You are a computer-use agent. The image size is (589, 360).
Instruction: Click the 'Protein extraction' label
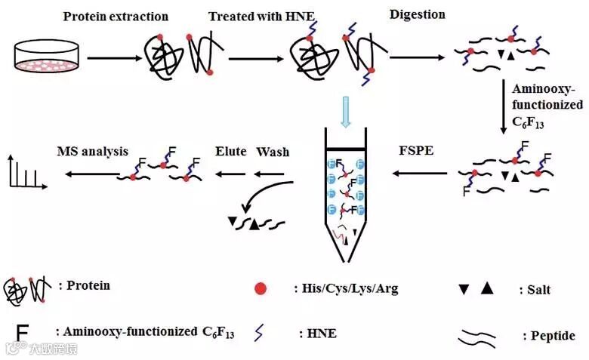116,16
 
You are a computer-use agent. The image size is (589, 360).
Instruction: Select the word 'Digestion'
418,14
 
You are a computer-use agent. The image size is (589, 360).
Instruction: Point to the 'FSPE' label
417,151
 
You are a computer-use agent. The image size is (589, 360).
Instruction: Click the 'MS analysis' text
93,151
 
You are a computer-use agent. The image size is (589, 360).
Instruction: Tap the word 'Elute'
231,151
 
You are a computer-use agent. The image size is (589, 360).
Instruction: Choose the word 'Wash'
273,151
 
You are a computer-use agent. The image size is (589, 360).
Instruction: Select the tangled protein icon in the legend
24,289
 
